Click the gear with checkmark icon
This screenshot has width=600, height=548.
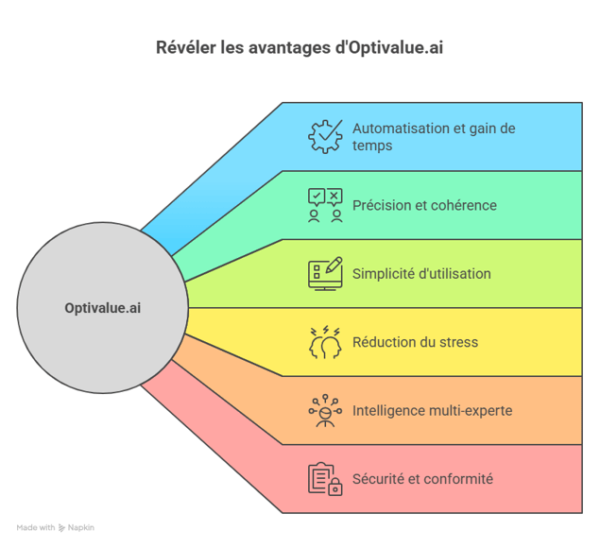point(325,137)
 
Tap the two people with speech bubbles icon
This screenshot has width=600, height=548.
point(325,205)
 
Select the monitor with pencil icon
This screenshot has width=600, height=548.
point(325,274)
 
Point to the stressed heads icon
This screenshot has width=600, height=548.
point(325,342)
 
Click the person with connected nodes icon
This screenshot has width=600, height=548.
point(325,411)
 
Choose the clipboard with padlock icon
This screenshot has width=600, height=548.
point(325,479)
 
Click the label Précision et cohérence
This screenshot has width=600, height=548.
point(424,206)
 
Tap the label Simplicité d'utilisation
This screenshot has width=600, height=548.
point(421,274)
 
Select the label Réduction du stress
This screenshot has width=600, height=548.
point(415,342)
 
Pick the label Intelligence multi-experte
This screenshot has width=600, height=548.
point(432,411)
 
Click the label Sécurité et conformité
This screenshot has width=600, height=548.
point(422,479)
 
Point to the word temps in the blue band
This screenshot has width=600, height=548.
point(372,146)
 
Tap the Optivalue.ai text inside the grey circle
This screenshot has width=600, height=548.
point(103,308)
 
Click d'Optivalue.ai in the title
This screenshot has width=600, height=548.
point(388,48)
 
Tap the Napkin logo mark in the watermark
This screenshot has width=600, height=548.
point(61,528)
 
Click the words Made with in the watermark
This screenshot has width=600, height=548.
point(36,528)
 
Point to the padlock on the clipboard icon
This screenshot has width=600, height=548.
point(334,488)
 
